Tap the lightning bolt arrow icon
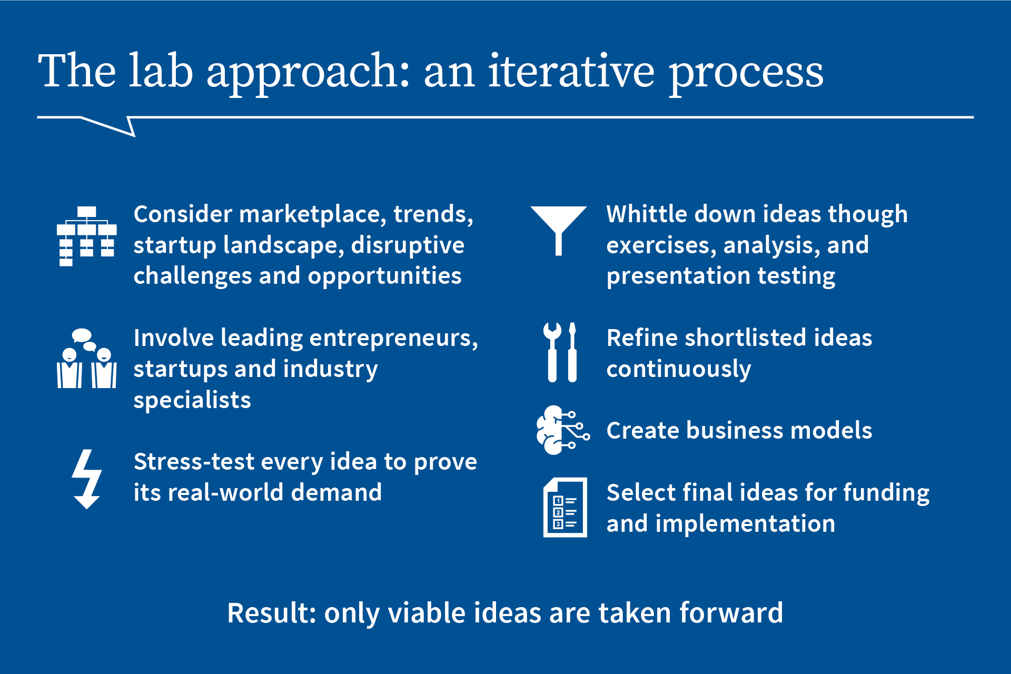[x=87, y=478]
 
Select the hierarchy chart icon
[x=87, y=236]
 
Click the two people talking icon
[x=87, y=359]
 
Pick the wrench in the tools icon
[x=552, y=352]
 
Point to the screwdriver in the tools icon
[x=572, y=352]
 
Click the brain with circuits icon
[x=561, y=430]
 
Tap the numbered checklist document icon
[x=565, y=508]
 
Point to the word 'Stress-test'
[x=194, y=462]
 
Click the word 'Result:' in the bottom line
[x=271, y=613]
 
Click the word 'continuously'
[x=678, y=369]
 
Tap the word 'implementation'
[x=745, y=524]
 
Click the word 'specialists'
[x=192, y=400]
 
